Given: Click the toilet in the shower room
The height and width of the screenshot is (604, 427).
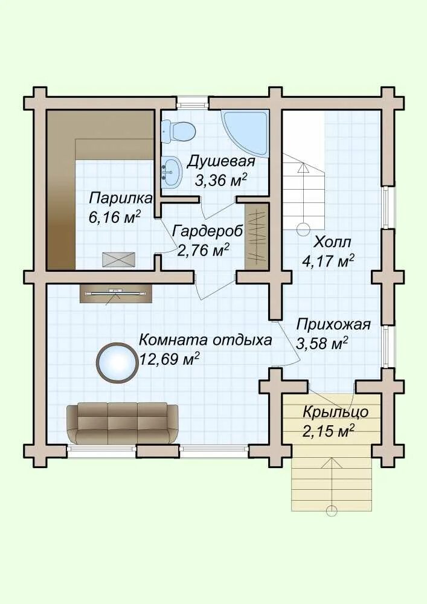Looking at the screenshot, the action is [179, 130].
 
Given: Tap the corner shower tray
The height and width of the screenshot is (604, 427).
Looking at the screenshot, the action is [246, 133].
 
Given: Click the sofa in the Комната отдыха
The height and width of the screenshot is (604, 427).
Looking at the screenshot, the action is [123, 424].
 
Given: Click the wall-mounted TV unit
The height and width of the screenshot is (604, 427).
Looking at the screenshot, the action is [117, 294].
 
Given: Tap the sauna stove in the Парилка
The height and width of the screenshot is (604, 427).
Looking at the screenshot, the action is [118, 259].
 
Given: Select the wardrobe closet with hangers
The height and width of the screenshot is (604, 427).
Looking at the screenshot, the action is [257, 237].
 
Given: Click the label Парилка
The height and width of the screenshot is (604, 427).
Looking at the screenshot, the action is [121, 199].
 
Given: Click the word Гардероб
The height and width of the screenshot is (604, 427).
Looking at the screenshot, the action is [207, 231].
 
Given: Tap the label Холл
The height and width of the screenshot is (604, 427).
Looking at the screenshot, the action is [332, 243].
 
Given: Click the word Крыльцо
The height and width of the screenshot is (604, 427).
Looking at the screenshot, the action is [335, 413].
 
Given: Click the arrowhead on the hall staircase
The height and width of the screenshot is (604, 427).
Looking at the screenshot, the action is [303, 167].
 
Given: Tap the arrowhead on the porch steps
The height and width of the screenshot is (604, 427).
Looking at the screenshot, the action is [332, 463].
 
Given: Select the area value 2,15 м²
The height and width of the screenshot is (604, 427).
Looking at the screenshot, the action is [328, 431].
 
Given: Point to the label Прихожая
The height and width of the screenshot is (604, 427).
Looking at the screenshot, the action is [333, 325].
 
